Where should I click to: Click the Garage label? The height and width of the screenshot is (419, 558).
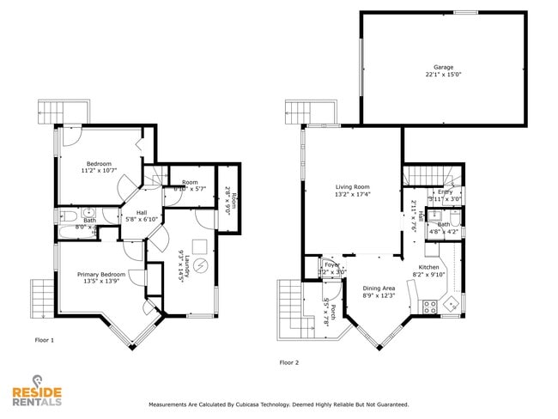coord(443,67)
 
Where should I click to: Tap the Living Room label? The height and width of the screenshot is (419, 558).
coord(352,186)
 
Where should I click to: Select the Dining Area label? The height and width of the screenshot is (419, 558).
coord(379,288)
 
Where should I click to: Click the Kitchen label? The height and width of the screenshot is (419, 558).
coord(429,267)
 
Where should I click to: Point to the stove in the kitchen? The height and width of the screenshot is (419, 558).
coord(428,304)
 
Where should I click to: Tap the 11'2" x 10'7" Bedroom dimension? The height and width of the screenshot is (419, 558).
coord(103,170)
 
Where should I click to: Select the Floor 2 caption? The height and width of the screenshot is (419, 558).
coord(289,362)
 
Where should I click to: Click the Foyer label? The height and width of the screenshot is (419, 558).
coord(331,265)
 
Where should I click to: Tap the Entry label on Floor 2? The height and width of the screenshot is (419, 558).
coord(445,191)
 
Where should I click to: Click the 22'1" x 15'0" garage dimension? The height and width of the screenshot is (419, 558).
coord(443,75)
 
